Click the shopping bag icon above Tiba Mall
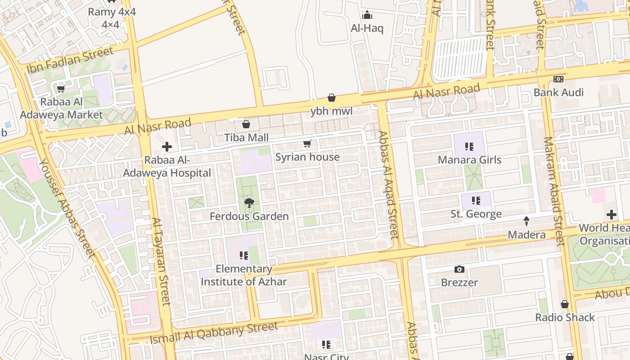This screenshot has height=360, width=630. (246, 124)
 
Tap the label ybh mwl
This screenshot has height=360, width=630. (331, 111)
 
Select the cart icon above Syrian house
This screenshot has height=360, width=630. (307, 144)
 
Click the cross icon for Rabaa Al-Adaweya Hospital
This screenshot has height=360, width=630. (167, 147)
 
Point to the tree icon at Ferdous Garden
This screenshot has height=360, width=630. (249, 203)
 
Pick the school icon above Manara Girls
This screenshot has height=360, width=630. (469, 147)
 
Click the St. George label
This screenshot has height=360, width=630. (476, 214)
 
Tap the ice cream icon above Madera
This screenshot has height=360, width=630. (526, 221)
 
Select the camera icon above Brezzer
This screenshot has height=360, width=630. (459, 270)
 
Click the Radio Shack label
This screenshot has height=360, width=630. (565, 317)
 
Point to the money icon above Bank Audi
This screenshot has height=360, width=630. (558, 79)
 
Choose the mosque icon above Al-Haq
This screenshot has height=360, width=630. (367, 15)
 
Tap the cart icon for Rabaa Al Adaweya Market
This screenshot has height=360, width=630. (61, 88)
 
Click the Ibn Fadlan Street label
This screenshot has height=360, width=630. (71, 60)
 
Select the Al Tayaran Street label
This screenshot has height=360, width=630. (161, 261)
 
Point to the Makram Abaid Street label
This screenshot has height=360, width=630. (553, 191)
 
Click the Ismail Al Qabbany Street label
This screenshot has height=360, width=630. (214, 333)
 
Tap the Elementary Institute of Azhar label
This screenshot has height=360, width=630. (243, 275)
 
